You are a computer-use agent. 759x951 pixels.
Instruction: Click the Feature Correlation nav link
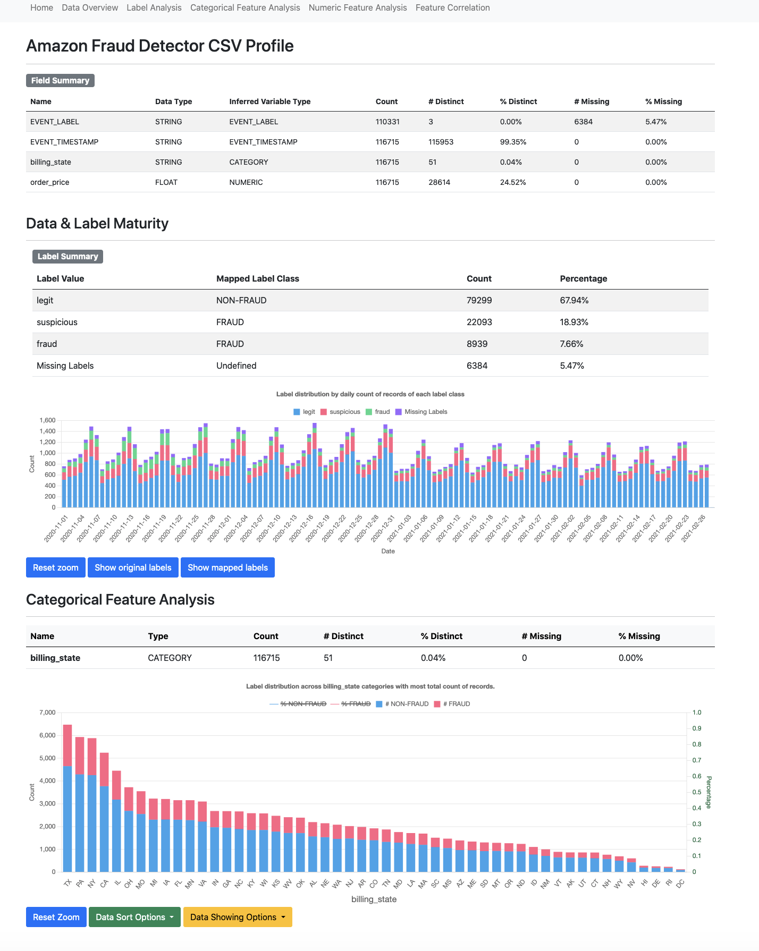452,8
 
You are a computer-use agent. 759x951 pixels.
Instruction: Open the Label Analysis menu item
154,8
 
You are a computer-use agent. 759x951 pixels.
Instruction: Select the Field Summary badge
60,81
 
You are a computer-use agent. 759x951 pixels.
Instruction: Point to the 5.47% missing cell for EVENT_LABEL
656,122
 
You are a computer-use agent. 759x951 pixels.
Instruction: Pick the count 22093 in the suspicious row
479,322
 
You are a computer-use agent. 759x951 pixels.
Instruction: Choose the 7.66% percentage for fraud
571,344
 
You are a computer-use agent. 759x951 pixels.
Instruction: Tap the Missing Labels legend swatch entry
421,412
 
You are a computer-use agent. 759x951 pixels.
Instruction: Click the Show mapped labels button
227,567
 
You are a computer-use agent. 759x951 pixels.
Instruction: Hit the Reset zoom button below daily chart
55,567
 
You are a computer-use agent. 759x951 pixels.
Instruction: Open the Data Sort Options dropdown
134,917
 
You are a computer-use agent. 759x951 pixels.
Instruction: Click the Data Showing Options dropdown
238,917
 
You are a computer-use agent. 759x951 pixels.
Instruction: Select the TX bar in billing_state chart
68,797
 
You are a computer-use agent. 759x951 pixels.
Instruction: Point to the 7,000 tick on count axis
47,712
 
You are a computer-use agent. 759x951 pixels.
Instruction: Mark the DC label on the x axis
680,884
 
